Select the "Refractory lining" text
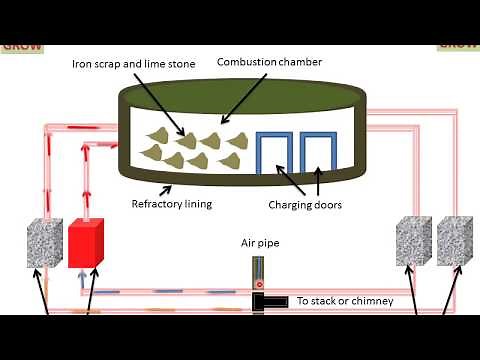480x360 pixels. tap(171, 204)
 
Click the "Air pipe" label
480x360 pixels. tap(258, 242)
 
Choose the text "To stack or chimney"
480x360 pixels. tap(345, 300)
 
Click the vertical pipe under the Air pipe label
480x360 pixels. tap(258, 271)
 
